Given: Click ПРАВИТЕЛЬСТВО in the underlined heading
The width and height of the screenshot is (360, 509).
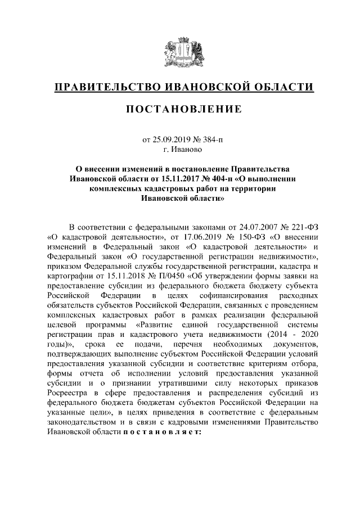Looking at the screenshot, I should [x=106, y=88].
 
